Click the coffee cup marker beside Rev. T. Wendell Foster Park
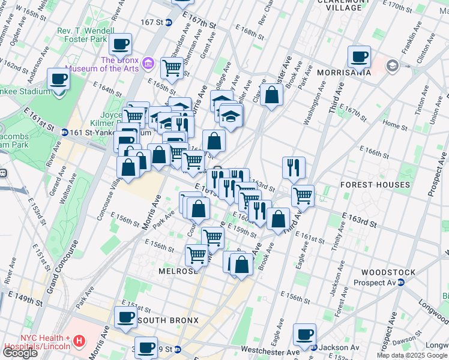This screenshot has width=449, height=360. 121,44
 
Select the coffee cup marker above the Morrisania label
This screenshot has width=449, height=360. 360,57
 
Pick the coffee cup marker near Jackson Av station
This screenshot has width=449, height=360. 304,334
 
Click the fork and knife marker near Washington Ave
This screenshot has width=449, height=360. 294,167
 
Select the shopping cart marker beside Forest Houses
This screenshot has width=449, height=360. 303,195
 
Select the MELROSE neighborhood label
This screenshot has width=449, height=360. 157,271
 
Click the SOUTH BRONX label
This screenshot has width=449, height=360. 168,320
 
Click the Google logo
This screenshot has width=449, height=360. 20,352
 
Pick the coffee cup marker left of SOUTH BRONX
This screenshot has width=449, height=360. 125,318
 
